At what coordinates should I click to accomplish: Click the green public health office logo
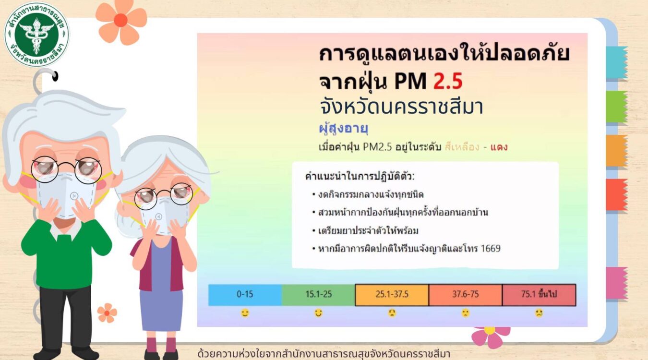click(36, 35)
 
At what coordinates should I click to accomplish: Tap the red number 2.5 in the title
click(448, 81)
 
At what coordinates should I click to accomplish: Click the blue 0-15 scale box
click(245, 295)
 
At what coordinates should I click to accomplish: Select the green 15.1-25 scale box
click(318, 295)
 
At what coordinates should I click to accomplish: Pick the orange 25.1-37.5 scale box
click(392, 295)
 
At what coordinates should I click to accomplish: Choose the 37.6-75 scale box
click(466, 295)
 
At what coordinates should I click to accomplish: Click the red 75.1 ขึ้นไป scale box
click(539, 295)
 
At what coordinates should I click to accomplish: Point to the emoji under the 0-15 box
click(245, 313)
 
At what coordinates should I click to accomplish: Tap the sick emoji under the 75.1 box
click(539, 313)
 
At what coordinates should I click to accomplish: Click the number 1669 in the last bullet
click(491, 248)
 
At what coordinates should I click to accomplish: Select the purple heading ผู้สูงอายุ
click(343, 128)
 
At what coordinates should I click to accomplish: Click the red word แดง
click(499, 147)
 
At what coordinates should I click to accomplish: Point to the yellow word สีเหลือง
click(462, 147)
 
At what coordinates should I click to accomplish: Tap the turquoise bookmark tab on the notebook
click(616, 62)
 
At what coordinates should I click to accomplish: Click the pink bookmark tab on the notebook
click(616, 283)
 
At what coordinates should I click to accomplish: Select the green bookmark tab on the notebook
click(616, 107)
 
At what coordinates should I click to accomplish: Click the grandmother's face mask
click(164, 215)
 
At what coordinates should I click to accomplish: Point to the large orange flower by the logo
click(121, 21)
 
